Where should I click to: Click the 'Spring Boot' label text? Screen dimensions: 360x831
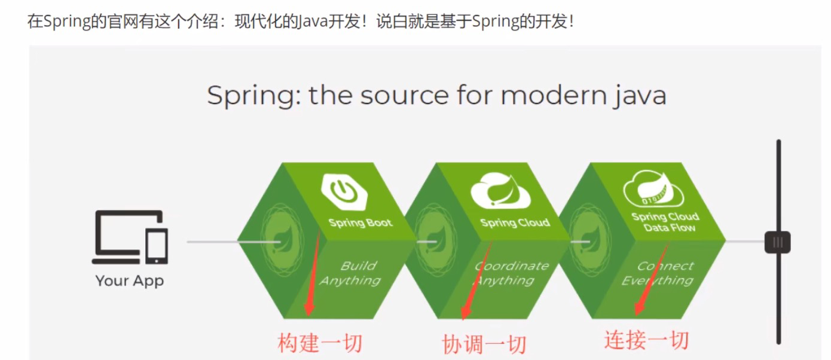coord(360,223)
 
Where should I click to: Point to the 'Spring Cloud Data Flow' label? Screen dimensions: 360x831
coord(665,222)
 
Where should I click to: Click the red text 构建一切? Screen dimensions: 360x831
coord(320,343)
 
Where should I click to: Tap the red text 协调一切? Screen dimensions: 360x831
coord(484,344)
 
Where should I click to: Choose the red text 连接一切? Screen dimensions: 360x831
coord(646,340)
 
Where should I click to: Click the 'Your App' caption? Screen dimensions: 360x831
coord(130,281)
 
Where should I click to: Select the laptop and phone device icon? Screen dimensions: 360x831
coord(130,238)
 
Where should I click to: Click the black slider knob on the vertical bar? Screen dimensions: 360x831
coord(777,242)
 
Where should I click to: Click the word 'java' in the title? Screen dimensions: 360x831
coord(640,96)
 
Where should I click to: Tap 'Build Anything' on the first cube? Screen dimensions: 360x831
coord(353,273)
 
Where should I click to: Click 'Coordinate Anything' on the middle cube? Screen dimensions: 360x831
coord(508,273)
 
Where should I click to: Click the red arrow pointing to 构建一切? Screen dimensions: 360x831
coord(313,275)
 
